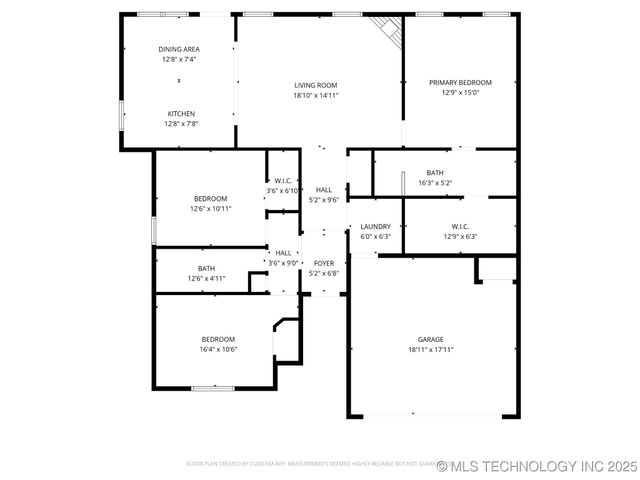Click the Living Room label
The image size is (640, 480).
[316, 85]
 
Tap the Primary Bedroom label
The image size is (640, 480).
[460, 82]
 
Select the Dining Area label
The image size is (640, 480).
[179, 49]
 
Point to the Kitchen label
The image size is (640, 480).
[181, 113]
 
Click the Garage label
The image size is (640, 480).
[431, 339]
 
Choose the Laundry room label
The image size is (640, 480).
[376, 227]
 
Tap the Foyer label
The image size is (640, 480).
[324, 263]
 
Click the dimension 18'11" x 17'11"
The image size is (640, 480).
[431, 350]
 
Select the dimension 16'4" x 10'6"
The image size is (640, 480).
[218, 350]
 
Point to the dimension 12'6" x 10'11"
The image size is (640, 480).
[211, 209]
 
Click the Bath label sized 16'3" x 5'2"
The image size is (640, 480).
[435, 172]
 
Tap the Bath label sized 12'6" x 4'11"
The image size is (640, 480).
[206, 268]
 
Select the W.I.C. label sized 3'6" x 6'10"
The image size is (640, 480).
[283, 181]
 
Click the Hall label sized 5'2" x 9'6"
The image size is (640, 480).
[324, 189]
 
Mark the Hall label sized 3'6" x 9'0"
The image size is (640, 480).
[284, 253]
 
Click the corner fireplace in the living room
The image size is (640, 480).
[387, 29]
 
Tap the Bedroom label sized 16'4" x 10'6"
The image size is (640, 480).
[218, 339]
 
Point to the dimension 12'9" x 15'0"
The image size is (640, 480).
[460, 93]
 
